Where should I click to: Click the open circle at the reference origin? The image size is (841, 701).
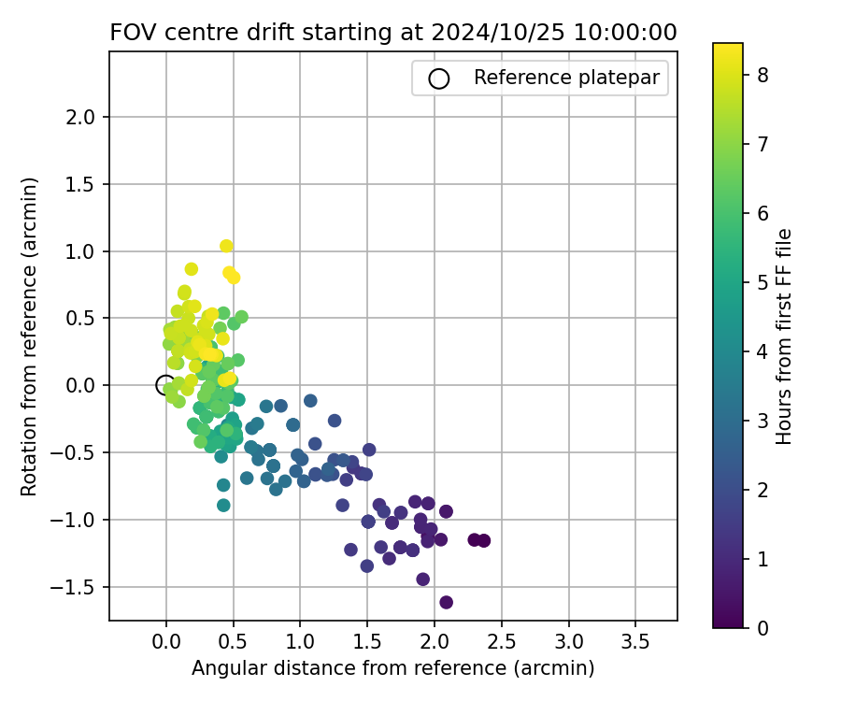[x=165, y=385]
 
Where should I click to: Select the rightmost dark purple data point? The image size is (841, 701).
[x=483, y=540]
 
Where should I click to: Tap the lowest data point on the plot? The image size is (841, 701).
[x=446, y=602]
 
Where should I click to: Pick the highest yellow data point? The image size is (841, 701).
[x=226, y=246]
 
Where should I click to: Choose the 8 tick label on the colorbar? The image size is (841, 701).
[x=763, y=76]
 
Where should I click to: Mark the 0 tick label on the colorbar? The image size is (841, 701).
[x=763, y=628]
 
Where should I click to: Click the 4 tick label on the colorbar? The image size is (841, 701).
[x=763, y=351]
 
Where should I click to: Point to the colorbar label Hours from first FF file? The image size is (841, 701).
[x=785, y=336]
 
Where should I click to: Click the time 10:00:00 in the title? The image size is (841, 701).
[x=627, y=32]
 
